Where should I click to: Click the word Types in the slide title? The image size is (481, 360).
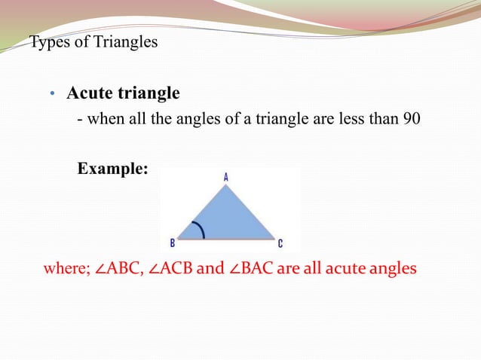tap(47, 41)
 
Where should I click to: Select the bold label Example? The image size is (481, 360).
tap(113, 169)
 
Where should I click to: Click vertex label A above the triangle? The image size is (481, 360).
tap(225, 177)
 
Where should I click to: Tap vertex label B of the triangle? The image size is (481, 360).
tap(173, 243)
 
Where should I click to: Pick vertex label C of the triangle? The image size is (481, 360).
tap(280, 243)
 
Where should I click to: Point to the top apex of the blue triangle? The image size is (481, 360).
tap(225, 185)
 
